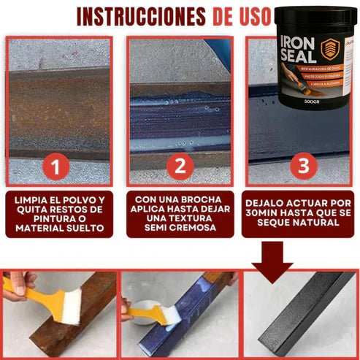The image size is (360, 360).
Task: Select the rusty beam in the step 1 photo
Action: (x=58, y=102)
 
